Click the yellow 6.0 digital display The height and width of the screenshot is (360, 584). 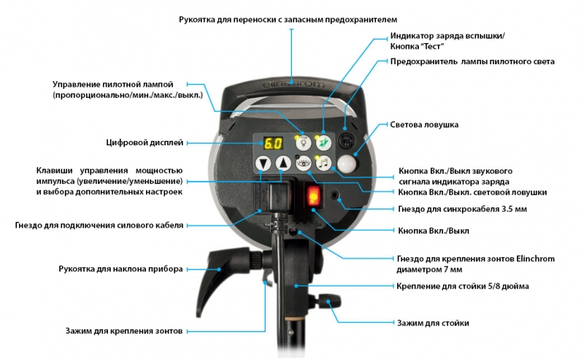click(273, 143)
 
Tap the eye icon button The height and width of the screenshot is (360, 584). click(304, 163)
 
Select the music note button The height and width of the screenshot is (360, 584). click(323, 163)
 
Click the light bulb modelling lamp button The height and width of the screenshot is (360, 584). click(304, 142)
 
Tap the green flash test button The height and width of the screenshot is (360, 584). click(323, 142)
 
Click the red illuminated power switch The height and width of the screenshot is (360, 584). click(313, 196)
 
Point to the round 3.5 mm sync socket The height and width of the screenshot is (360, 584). click(335, 194)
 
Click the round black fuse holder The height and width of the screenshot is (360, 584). click(346, 141)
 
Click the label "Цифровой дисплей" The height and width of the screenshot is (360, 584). click(145, 142)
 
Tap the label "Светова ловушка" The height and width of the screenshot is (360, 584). click(424, 124)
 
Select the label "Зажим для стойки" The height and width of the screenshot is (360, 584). click(433, 323)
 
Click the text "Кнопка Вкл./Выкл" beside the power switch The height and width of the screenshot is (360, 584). click(434, 231)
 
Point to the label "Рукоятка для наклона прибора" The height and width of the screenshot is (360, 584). click(120, 269)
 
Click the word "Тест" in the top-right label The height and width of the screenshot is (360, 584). click(432, 47)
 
